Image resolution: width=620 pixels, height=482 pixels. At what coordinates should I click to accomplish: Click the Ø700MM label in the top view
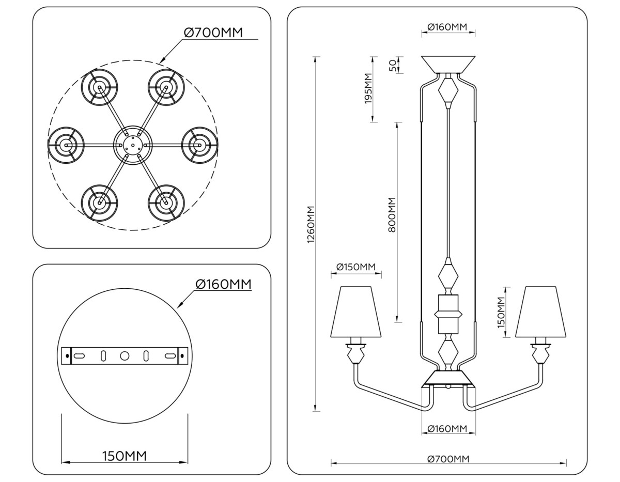coord(213,32)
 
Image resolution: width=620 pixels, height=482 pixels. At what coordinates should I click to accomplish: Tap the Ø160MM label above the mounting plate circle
coord(223,284)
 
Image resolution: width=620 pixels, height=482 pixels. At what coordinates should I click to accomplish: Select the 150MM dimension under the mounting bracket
coord(125,456)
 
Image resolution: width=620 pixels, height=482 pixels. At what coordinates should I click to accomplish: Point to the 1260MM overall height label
coord(311,225)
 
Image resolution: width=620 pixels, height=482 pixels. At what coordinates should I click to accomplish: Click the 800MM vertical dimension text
coord(392,214)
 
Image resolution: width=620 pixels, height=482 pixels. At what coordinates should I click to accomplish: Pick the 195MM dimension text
coord(368,88)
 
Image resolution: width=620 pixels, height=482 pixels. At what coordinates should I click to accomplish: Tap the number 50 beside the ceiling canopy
coord(392,65)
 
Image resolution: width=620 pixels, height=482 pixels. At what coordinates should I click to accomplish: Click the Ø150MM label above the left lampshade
coord(355,267)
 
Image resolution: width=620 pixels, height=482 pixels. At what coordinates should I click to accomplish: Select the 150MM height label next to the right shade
coord(500,313)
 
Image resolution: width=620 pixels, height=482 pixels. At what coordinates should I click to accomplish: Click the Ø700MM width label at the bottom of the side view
coord(448,459)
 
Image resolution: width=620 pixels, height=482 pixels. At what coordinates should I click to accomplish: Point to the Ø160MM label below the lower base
coord(448,429)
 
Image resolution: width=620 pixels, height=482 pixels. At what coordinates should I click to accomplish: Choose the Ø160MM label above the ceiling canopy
coord(448,27)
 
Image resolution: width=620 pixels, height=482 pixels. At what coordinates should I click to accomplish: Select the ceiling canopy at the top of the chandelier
coord(448,65)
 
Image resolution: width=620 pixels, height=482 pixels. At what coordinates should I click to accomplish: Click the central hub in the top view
coord(132,145)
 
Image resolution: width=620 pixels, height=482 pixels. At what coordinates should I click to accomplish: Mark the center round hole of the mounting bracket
coord(125,356)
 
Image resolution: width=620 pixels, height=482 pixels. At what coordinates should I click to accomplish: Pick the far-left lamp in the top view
coord(66,145)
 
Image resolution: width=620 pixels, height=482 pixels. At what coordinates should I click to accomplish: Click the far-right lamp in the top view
coord(199,145)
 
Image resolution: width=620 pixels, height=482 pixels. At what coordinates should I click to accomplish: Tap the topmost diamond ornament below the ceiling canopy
coord(448,92)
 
